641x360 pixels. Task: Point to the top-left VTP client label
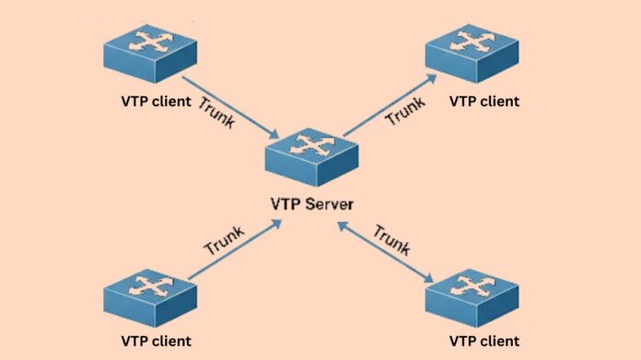(x=157, y=101)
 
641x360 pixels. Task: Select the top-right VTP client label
(x=484, y=101)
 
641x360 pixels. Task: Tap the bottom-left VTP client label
(x=157, y=342)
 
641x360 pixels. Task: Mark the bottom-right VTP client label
(x=484, y=342)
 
